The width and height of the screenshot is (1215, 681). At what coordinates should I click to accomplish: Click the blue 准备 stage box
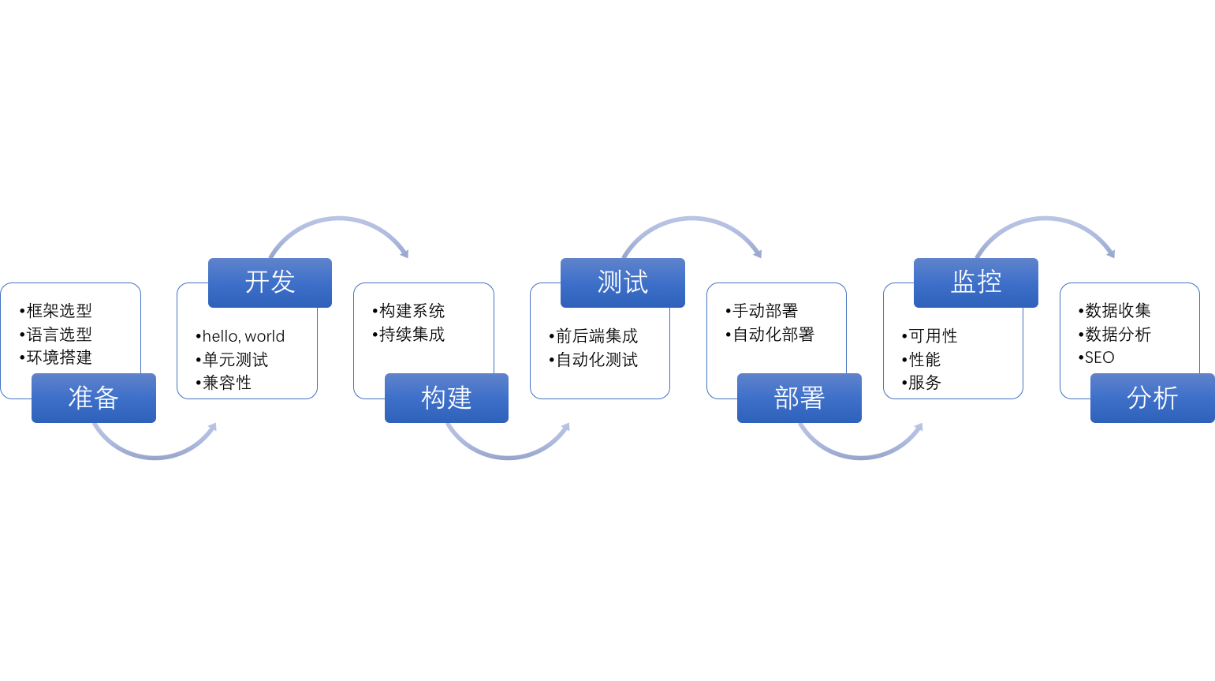click(94, 398)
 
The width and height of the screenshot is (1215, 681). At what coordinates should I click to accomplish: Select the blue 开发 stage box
click(270, 283)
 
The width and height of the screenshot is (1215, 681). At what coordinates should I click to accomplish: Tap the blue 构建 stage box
click(446, 398)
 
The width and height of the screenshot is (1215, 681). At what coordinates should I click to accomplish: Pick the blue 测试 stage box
click(623, 283)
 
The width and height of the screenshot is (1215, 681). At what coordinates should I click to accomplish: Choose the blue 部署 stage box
click(799, 398)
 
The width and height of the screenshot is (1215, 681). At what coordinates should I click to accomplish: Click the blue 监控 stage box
click(976, 283)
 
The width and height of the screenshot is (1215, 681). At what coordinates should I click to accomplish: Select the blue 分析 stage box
click(1153, 398)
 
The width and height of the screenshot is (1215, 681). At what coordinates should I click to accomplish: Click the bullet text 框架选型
click(59, 311)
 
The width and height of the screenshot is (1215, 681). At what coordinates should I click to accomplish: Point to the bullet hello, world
click(244, 336)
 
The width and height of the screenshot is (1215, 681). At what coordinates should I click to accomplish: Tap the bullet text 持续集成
click(412, 335)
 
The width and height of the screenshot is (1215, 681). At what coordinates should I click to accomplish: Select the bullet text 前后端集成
click(597, 336)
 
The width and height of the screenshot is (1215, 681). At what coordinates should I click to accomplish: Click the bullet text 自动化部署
click(773, 335)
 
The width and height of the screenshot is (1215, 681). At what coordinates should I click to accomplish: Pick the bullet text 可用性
click(933, 336)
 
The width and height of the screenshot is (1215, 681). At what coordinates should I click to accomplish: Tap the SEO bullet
click(1099, 358)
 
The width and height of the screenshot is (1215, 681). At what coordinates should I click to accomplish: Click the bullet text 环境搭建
click(59, 358)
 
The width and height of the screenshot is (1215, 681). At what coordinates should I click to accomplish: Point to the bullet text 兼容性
click(227, 383)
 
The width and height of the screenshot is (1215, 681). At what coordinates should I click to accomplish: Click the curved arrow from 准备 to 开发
click(155, 457)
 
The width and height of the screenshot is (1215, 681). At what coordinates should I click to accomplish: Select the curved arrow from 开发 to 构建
click(339, 219)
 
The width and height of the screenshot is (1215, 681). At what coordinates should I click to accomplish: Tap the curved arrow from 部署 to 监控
click(861, 457)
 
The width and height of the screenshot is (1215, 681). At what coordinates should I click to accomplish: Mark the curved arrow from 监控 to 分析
click(1045, 219)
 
